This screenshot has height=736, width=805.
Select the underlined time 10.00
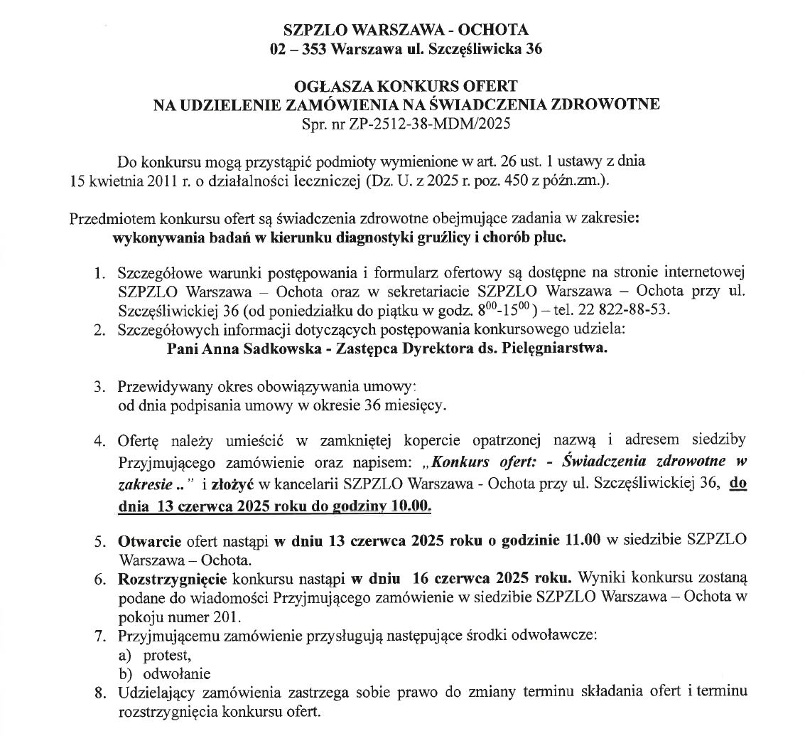415,507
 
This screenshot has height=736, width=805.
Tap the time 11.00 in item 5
583,540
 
